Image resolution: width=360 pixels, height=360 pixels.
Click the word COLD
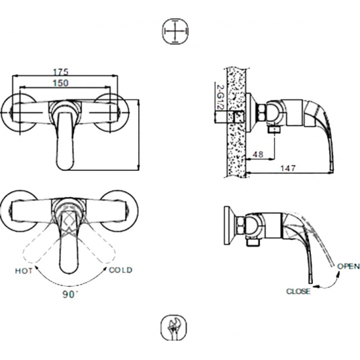point(120,270)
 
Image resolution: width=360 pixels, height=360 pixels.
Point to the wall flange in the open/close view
point(228,226)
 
